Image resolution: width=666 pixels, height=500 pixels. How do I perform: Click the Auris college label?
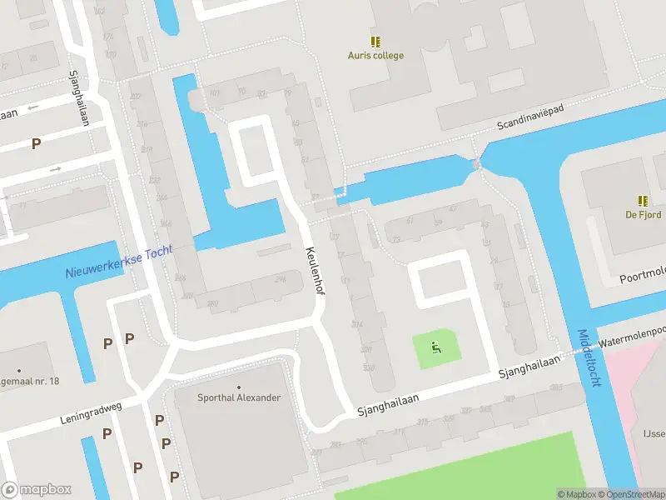pos(375,56)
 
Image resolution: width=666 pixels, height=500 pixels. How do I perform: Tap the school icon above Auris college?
pos(375,41)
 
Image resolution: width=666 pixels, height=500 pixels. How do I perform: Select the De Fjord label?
pos(643,214)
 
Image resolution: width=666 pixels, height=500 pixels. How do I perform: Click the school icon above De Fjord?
pos(643,200)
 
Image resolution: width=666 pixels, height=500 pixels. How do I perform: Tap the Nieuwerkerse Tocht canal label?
pos(119,263)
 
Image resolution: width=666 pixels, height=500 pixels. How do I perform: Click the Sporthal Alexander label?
pos(239,397)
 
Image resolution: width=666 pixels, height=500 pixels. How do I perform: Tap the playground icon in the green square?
pos(436,347)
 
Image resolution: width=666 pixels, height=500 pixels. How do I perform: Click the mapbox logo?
pos(35,490)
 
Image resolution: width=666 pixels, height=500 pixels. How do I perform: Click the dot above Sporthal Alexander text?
pos(239,387)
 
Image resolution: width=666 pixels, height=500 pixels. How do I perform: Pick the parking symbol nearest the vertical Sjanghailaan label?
pos(36,143)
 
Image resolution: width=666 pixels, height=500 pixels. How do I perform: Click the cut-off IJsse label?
pos(653,433)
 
